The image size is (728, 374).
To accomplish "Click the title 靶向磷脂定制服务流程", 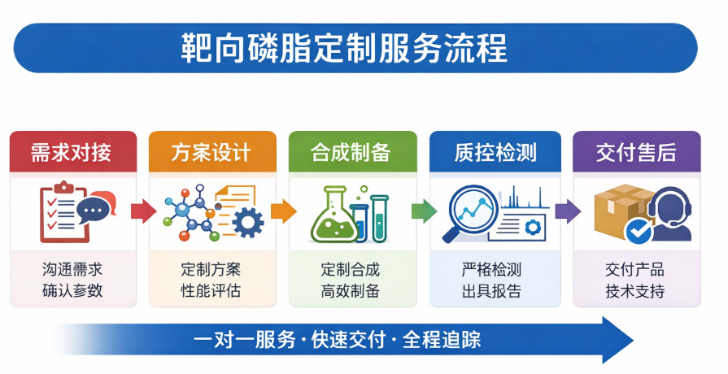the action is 344,48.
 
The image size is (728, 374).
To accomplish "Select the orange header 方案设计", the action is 212,152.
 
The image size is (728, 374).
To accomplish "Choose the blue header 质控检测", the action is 495,152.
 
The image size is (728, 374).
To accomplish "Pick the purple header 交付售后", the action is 637,152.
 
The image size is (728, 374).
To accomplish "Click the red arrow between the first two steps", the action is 143,211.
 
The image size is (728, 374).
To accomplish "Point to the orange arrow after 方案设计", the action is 283,211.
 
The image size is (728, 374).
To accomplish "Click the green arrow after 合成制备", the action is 424,211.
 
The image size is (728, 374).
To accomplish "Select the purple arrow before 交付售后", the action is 568,211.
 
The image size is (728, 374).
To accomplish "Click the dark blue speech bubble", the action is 93,210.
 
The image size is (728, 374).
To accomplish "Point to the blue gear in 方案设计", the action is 248,222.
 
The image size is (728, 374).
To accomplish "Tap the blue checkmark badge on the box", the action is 639,231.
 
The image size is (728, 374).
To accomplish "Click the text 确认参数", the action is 72,291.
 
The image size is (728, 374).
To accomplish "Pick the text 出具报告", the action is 491,291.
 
